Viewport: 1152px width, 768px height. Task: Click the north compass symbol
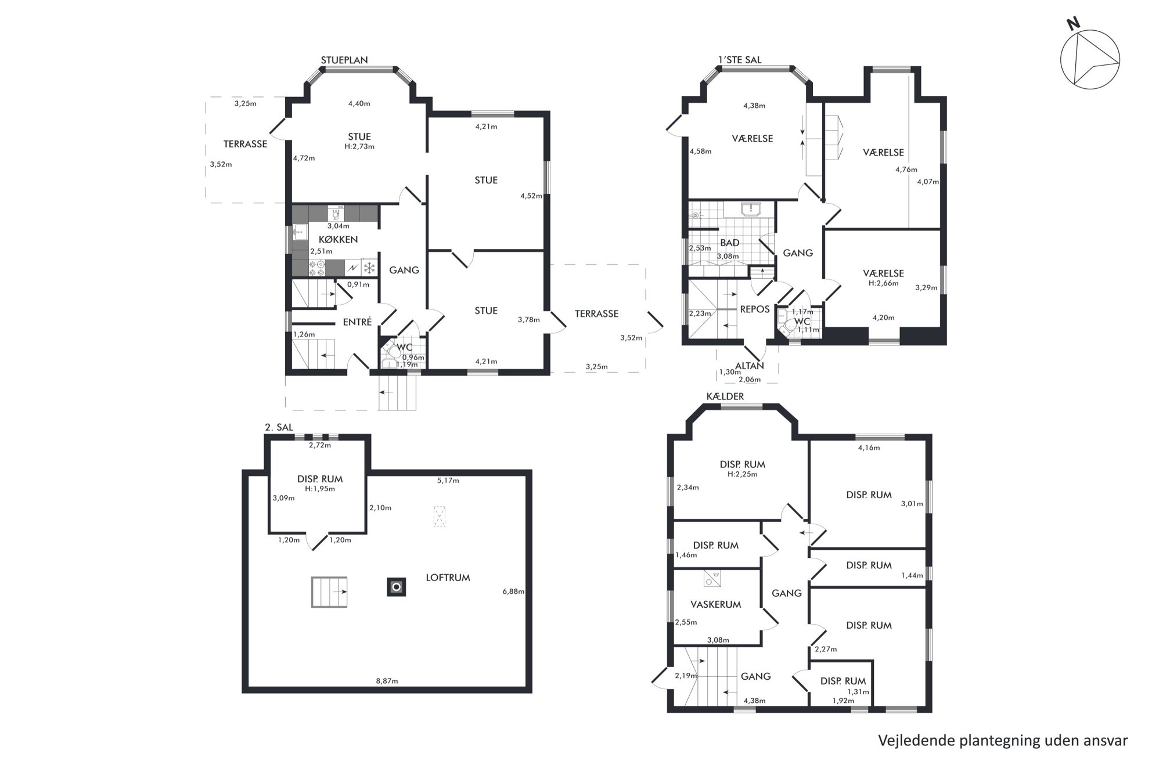pyautogui.click(x=1090, y=59)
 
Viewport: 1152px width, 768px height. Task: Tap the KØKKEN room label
pyautogui.click(x=338, y=239)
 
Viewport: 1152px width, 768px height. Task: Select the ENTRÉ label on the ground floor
pyautogui.click(x=357, y=322)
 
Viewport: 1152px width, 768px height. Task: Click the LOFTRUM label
pyautogui.click(x=448, y=578)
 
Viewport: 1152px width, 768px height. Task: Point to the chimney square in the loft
pyautogui.click(x=397, y=587)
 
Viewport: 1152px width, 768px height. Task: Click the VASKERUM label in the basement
pyautogui.click(x=715, y=604)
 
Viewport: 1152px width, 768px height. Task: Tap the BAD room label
pyautogui.click(x=730, y=243)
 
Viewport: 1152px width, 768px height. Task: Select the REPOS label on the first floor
pyautogui.click(x=755, y=309)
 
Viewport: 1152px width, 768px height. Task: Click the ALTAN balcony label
pyautogui.click(x=750, y=366)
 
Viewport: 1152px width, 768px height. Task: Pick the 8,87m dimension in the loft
pyautogui.click(x=387, y=681)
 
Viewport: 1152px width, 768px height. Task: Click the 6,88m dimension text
pyautogui.click(x=513, y=592)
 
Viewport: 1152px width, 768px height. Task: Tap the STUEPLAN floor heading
pyautogui.click(x=344, y=60)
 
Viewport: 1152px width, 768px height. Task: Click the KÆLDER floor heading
pyautogui.click(x=725, y=396)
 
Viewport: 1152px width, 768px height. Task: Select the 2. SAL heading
pyautogui.click(x=279, y=427)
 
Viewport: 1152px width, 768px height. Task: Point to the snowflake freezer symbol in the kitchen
pyautogui.click(x=369, y=268)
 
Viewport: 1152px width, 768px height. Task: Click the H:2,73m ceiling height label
pyautogui.click(x=359, y=146)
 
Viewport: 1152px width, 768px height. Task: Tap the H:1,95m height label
pyautogui.click(x=320, y=489)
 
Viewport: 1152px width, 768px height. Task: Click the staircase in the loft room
pyautogui.click(x=329, y=592)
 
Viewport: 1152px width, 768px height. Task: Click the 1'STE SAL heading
pyautogui.click(x=740, y=60)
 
